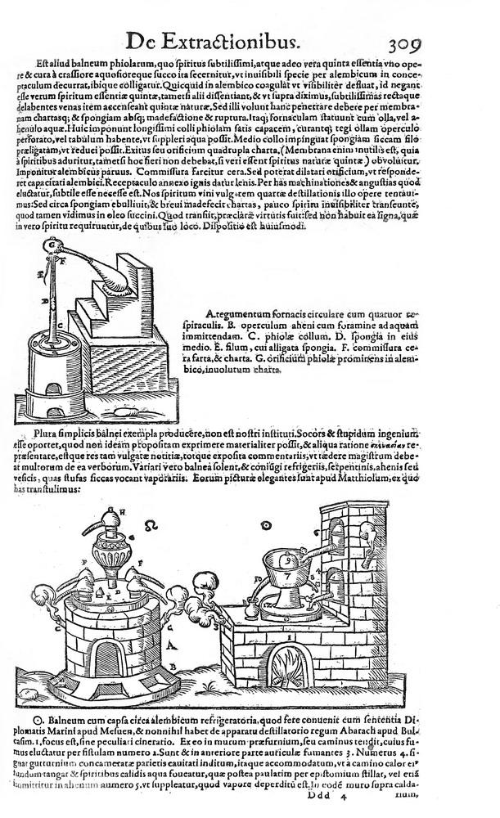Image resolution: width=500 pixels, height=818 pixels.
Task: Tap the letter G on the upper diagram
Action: [51, 243]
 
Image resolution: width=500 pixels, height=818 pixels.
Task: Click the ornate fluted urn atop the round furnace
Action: [111, 552]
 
